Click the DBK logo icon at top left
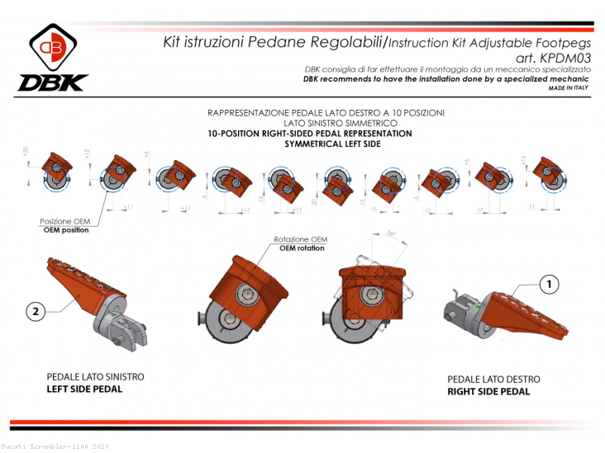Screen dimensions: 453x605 pyautogui.click(x=52, y=47)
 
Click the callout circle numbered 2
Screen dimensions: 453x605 pyautogui.click(x=34, y=311)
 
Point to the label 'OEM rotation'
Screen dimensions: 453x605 pyautogui.click(x=300, y=248)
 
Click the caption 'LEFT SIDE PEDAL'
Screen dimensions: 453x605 pyautogui.click(x=84, y=389)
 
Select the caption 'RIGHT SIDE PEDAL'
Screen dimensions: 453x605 pyautogui.click(x=494, y=392)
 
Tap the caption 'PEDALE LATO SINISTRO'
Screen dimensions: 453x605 pyautogui.click(x=95, y=376)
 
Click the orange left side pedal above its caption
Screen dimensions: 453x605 pyautogui.click(x=79, y=281)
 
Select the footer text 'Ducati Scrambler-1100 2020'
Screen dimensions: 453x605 pyautogui.click(x=55, y=446)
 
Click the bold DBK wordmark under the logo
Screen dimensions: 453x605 pyautogui.click(x=52, y=83)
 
